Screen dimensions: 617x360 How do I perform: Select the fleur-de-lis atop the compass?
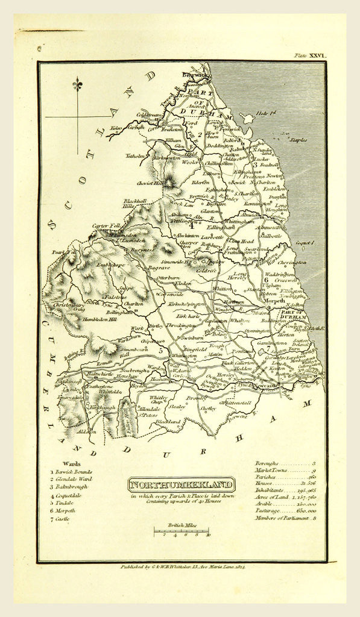[77, 85]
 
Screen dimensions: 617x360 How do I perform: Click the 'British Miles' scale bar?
[181, 531]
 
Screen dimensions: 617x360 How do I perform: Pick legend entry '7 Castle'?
[62, 518]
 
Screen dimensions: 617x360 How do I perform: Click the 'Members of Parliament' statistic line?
[284, 518]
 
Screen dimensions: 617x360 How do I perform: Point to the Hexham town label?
[159, 380]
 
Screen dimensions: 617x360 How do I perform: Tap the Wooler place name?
[191, 162]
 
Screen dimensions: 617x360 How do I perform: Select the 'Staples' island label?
[297, 140]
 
